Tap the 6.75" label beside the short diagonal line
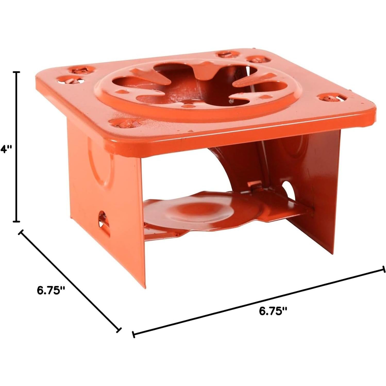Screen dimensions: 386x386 [51, 290]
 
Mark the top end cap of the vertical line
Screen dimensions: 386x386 [17, 72]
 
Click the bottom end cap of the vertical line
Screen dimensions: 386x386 [17, 221]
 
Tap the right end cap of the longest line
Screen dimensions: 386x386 [384, 269]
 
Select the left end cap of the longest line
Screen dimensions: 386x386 [133, 334]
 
